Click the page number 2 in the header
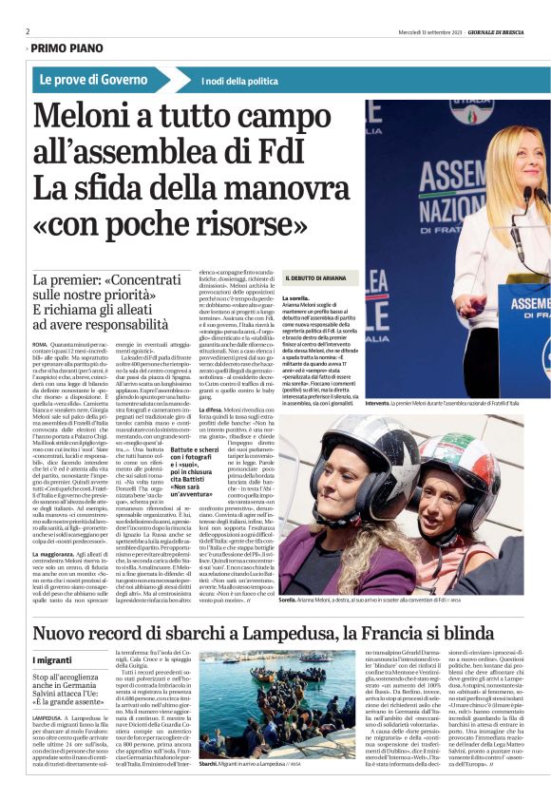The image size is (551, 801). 28,31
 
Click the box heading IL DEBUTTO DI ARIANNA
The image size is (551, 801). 321,277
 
